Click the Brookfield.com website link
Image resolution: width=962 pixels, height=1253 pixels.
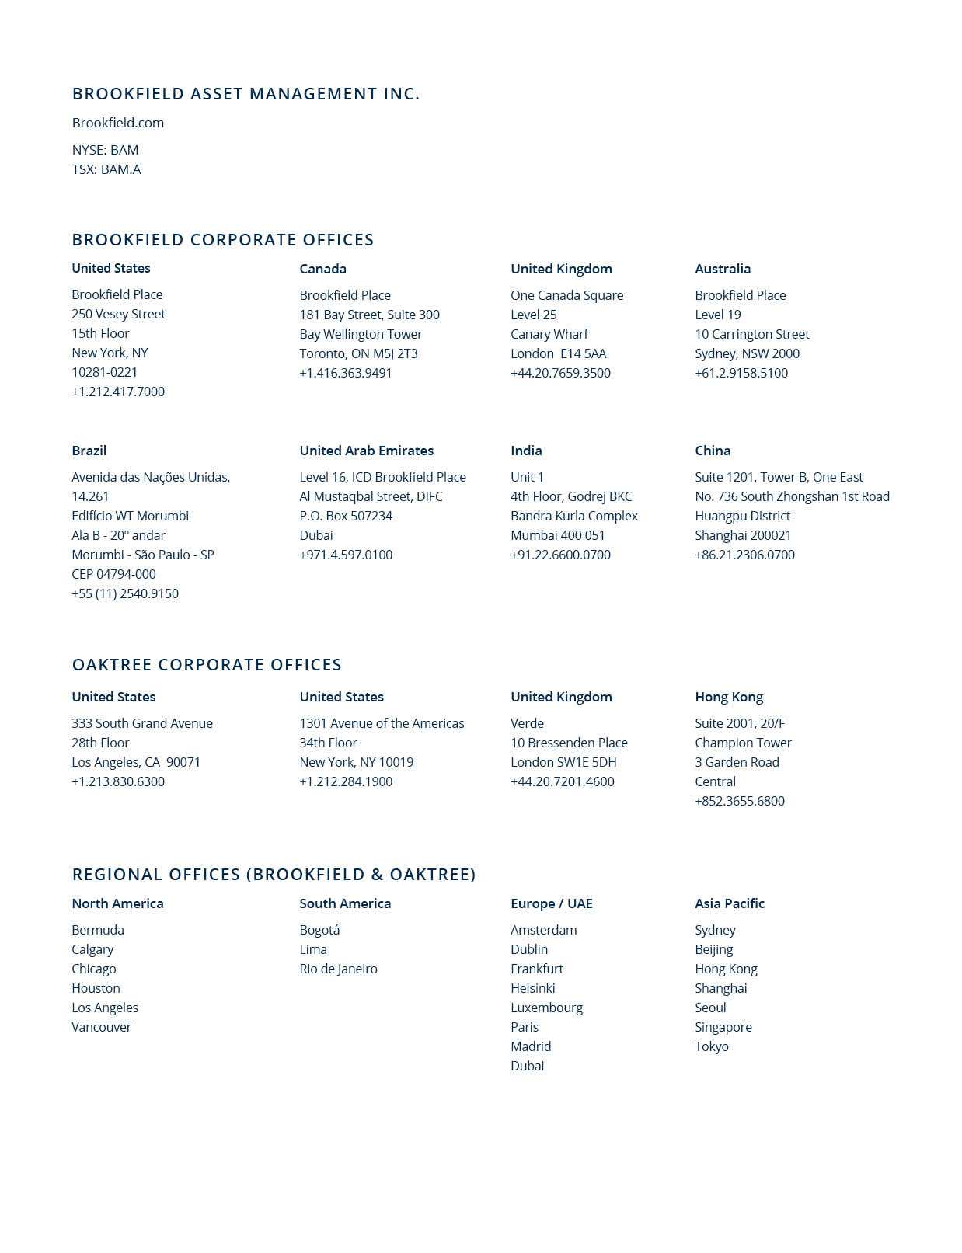click(117, 123)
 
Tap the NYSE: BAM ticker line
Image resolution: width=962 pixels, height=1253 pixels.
click(105, 150)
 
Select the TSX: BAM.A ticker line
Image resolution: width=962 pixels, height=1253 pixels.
click(106, 169)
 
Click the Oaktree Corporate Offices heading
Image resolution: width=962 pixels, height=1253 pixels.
click(207, 665)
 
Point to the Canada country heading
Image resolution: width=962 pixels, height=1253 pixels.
click(322, 269)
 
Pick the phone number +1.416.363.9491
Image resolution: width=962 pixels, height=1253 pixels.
click(346, 373)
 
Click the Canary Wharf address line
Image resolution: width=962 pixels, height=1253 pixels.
click(549, 334)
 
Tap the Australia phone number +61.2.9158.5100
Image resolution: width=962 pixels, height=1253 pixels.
click(741, 373)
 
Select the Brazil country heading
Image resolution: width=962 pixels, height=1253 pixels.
click(89, 451)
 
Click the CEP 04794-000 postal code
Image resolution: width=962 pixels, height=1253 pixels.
click(113, 574)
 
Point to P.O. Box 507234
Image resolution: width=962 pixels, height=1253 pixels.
click(346, 516)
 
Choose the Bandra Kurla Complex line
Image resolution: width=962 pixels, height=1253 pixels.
click(573, 516)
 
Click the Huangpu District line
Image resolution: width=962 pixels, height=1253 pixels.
click(742, 516)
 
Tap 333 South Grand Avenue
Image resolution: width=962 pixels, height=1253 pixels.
click(142, 723)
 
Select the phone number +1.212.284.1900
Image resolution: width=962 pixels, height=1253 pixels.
click(346, 781)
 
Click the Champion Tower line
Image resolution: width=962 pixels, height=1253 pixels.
click(743, 743)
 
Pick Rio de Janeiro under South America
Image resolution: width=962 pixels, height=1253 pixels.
click(338, 969)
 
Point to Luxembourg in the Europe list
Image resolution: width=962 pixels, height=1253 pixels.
click(546, 1008)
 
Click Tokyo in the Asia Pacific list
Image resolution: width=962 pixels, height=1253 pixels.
click(711, 1046)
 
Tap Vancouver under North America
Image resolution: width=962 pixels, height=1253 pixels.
click(101, 1027)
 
